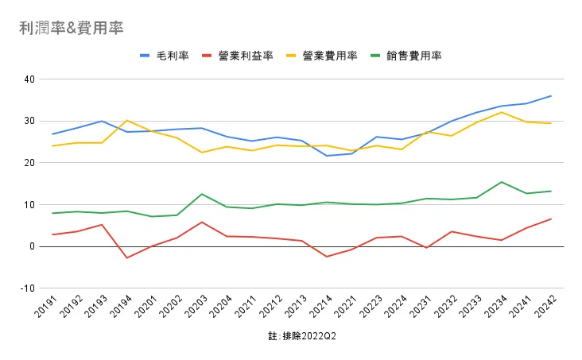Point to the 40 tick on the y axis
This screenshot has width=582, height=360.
point(30,79)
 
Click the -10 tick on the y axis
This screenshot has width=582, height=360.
point(28,288)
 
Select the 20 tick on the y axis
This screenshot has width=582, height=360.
point(30,163)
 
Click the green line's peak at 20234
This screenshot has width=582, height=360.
point(501,182)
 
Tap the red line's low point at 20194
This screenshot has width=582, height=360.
point(127,257)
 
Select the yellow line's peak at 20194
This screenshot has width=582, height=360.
point(127,120)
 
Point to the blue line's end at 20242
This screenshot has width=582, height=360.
point(551,96)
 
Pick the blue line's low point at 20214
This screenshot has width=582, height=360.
point(327,156)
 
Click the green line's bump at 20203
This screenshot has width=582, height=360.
point(202,194)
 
